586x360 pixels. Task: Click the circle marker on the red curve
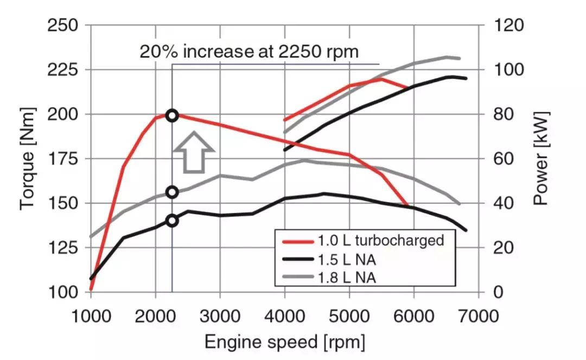[x=172, y=115]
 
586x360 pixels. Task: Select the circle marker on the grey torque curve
[x=172, y=192]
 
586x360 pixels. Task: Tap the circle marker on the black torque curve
[x=172, y=220]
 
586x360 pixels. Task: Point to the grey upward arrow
[x=194, y=151]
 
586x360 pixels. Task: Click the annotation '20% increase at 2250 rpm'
[x=249, y=52]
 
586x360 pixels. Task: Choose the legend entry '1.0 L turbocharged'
[x=379, y=240]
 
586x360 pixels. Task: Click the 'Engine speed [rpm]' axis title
[x=284, y=343]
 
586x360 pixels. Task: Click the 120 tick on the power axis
[x=508, y=26]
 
